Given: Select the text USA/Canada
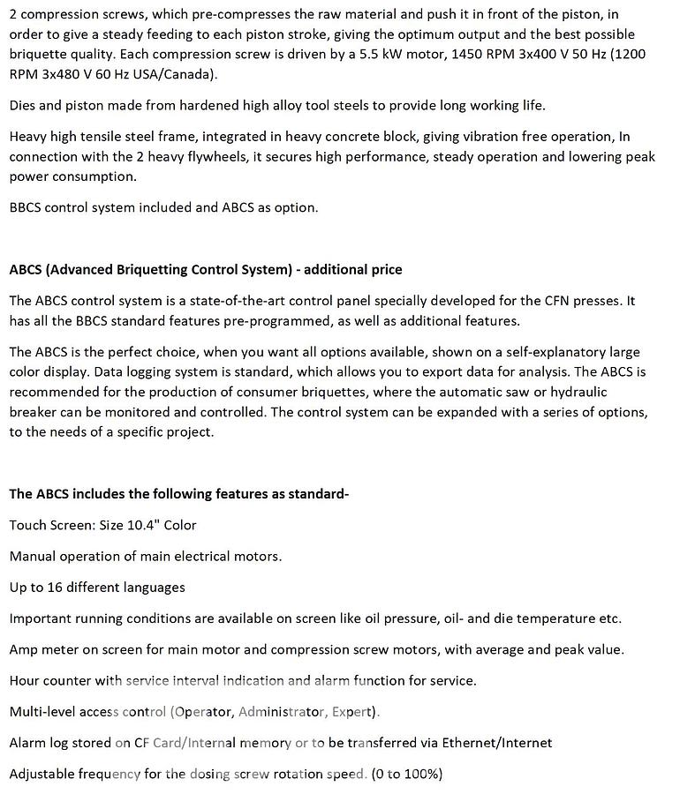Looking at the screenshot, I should [178, 74].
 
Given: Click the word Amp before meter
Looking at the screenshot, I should [25, 649].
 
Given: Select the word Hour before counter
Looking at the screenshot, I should [25, 680].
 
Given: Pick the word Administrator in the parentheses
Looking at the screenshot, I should [280, 711].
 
